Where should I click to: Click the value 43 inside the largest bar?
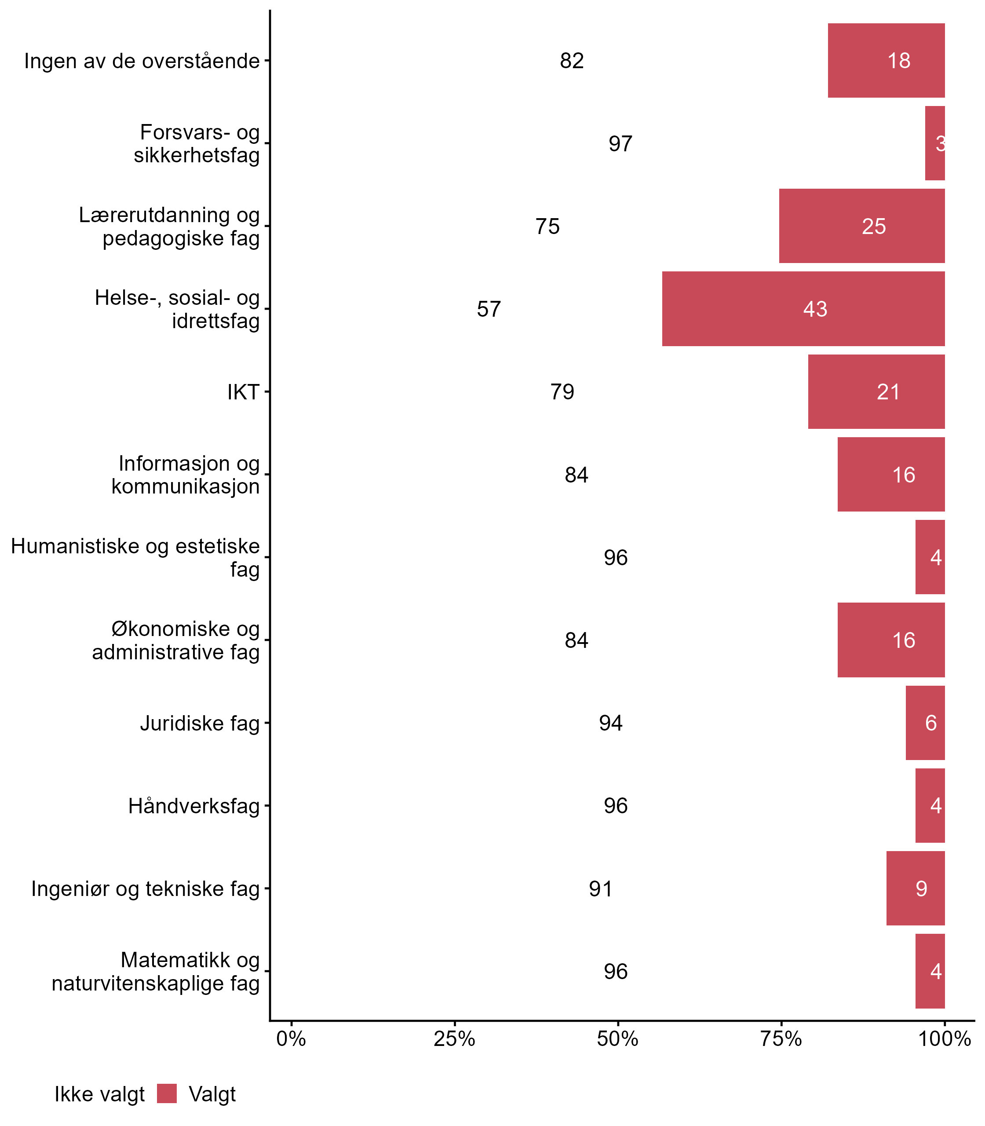click(x=815, y=309)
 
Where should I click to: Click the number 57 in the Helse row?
click(x=489, y=309)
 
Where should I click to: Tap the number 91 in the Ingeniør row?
click(x=601, y=888)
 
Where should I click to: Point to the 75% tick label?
click(x=781, y=1039)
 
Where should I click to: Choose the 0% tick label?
click(x=291, y=1039)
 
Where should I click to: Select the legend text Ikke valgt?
click(x=99, y=1094)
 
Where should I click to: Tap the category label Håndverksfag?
click(x=193, y=806)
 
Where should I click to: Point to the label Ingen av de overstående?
click(x=142, y=61)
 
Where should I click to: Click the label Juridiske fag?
click(x=200, y=723)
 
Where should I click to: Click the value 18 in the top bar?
click(x=899, y=61)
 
